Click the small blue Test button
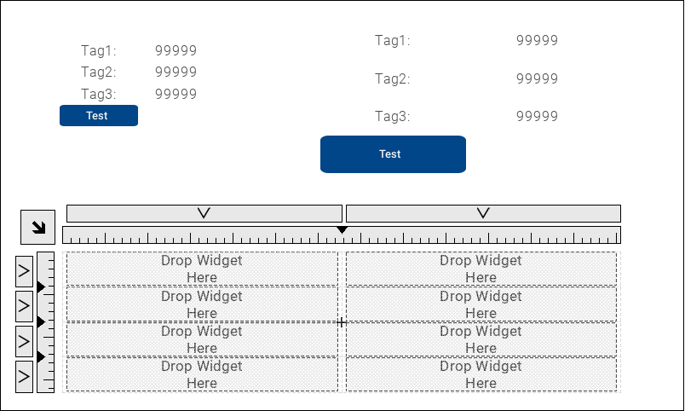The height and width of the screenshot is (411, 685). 98,116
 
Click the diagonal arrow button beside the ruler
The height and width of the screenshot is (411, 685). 37,227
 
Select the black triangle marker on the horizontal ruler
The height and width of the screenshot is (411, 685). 342,230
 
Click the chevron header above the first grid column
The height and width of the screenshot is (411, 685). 204,213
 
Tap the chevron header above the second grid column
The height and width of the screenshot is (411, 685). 483,213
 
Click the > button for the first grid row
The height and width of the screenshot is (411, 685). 24,270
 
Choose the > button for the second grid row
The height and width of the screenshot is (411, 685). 24,305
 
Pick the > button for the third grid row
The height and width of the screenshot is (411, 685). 24,340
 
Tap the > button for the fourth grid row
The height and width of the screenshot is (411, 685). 24,376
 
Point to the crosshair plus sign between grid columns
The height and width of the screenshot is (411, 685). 342,322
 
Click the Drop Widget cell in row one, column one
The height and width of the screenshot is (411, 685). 202,269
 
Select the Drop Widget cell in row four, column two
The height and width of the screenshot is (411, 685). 481,374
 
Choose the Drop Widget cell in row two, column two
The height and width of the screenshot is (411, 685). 481,304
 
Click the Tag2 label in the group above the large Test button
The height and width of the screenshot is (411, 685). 392,79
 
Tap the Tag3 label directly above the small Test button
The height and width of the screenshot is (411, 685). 98,95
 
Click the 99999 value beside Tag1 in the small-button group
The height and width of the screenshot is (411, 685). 176,51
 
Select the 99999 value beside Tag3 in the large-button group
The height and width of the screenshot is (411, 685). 537,117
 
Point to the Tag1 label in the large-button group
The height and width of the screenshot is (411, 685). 392,40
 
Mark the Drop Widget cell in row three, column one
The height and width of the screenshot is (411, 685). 202,339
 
